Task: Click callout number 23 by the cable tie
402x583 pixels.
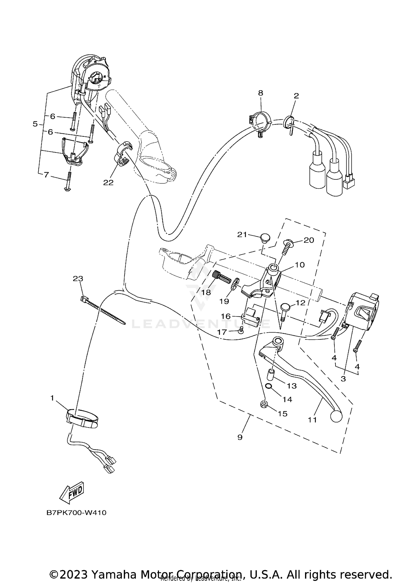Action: click(x=78, y=279)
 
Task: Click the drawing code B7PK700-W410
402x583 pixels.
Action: click(x=76, y=513)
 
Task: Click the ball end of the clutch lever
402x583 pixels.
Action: click(x=336, y=416)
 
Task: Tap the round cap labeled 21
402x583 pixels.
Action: click(x=265, y=238)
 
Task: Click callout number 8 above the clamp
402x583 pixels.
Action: click(x=260, y=93)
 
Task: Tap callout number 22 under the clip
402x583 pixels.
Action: click(x=108, y=182)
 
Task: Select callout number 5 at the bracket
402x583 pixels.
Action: click(x=35, y=124)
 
